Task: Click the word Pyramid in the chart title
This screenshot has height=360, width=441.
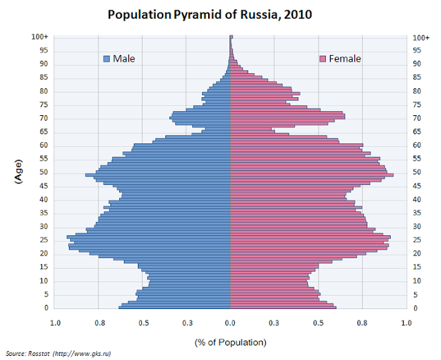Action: click(195, 14)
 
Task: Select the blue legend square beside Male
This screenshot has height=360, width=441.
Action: click(106, 59)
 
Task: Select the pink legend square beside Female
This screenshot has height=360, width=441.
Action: click(322, 59)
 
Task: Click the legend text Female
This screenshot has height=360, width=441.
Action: click(345, 59)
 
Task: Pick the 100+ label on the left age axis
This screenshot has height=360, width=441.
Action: click(39, 37)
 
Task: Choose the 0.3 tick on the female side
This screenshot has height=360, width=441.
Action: click(274, 321)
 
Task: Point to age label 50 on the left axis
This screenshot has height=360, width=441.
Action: click(43, 172)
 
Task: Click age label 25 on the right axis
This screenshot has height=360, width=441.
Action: click(417, 240)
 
